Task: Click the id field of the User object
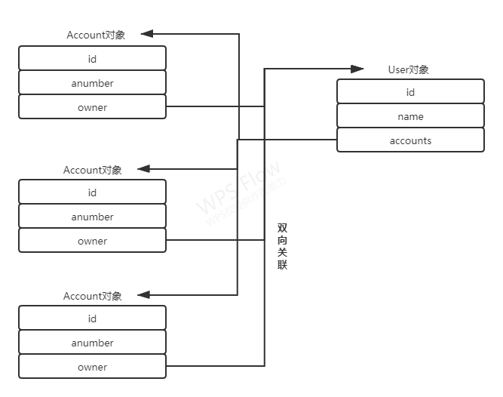click(x=410, y=92)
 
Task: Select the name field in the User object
click(x=410, y=116)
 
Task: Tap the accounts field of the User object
click(x=410, y=140)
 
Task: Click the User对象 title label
click(x=408, y=69)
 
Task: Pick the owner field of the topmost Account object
click(x=92, y=107)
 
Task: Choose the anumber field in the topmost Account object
click(x=92, y=83)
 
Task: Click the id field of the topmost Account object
click(x=92, y=59)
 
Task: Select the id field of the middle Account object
click(x=92, y=192)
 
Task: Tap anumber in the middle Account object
click(x=92, y=217)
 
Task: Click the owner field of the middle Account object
click(x=92, y=241)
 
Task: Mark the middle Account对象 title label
click(x=93, y=170)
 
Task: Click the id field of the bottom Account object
click(x=92, y=319)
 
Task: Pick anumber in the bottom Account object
click(x=92, y=343)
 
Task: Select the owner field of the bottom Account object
click(x=92, y=367)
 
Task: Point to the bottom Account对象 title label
click(x=93, y=296)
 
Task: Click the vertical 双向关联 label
click(x=282, y=246)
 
